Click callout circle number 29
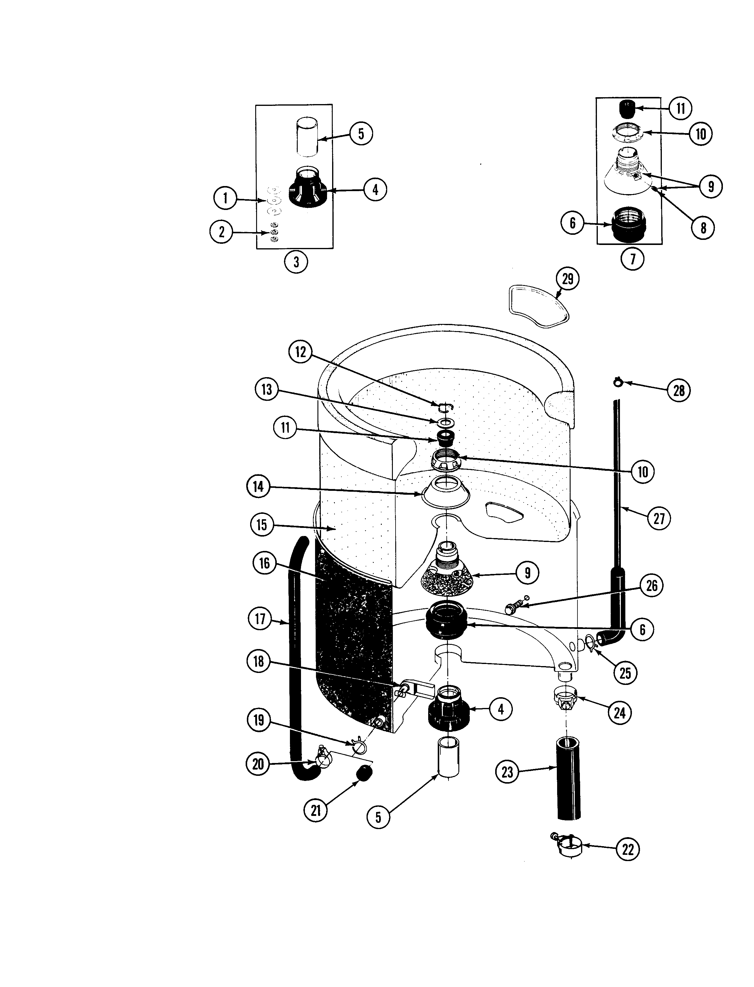(x=568, y=279)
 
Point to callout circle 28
(x=679, y=390)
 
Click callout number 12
(x=300, y=352)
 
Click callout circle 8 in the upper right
(x=703, y=228)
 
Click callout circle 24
(x=620, y=713)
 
